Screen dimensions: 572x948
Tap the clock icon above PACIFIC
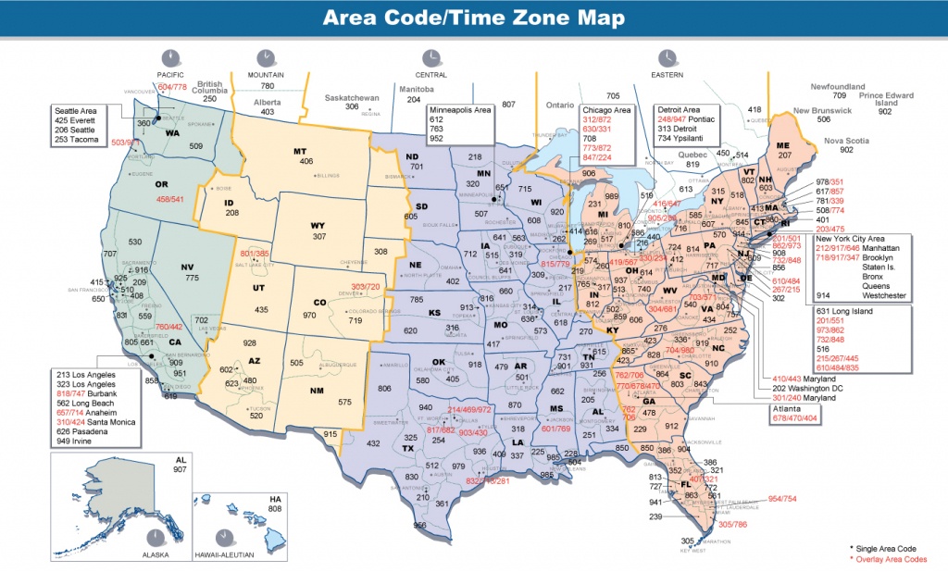coord(170,56)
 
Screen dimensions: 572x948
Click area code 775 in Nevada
coord(192,278)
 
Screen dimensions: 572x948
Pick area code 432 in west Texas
coord(374,443)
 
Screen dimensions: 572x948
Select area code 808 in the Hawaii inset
coord(274,508)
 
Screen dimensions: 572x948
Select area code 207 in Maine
coord(784,155)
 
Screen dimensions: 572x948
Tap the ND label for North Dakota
coord(412,157)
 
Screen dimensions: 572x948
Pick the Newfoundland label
coord(838,86)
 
